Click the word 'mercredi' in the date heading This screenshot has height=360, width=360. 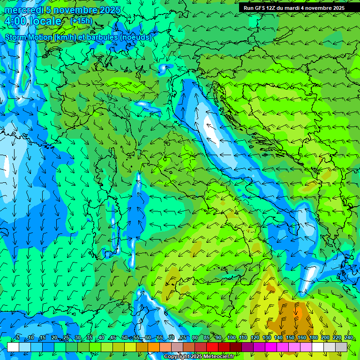[x=22, y=10]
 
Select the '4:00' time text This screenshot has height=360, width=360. [x=15, y=21]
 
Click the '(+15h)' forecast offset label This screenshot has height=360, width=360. [x=81, y=21]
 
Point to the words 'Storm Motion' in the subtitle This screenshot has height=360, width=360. [x=29, y=37]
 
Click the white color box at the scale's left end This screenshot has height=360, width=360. [x=13, y=347]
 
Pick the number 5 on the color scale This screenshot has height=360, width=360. [x=18, y=338]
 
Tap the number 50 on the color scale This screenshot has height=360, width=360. [x=125, y=338]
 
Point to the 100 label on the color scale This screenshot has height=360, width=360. [x=232, y=338]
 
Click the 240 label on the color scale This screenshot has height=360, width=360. [x=349, y=338]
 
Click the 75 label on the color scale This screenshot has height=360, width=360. [x=183, y=338]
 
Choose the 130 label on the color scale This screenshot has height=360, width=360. [x=267, y=338]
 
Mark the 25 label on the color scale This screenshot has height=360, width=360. [x=66, y=338]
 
